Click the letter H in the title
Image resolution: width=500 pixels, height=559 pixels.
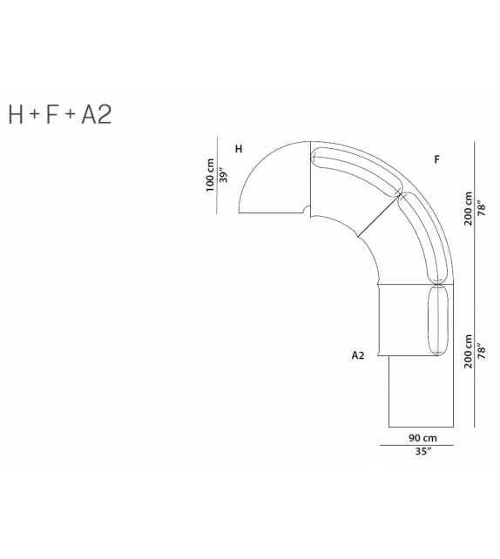pos(16,114)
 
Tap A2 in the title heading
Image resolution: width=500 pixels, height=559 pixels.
pos(97,114)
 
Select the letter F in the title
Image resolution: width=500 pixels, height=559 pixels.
pos(52,114)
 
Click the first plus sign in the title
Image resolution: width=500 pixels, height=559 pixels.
pos(35,114)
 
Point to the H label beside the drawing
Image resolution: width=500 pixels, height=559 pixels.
pos(239,149)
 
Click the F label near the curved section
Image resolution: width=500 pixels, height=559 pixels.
pos(437,159)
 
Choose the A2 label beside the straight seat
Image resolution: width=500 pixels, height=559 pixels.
pos(358,355)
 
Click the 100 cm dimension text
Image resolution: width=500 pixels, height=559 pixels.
pos(210,175)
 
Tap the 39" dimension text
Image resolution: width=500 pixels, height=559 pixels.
pos(223,175)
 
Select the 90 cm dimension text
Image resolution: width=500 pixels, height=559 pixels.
pos(422,438)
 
